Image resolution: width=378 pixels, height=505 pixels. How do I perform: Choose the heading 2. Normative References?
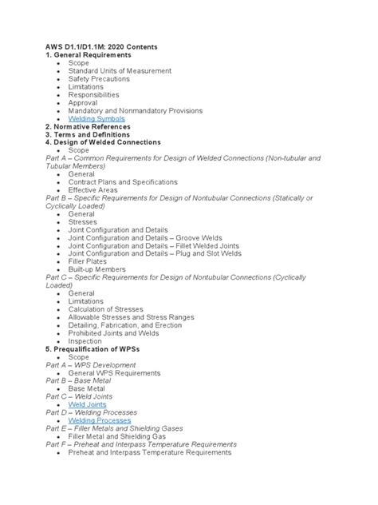pyautogui.click(x=88, y=126)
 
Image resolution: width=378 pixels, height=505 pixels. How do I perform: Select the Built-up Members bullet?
pyautogui.click(x=97, y=269)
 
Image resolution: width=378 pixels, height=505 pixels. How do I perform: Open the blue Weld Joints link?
pyautogui.click(x=87, y=404)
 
